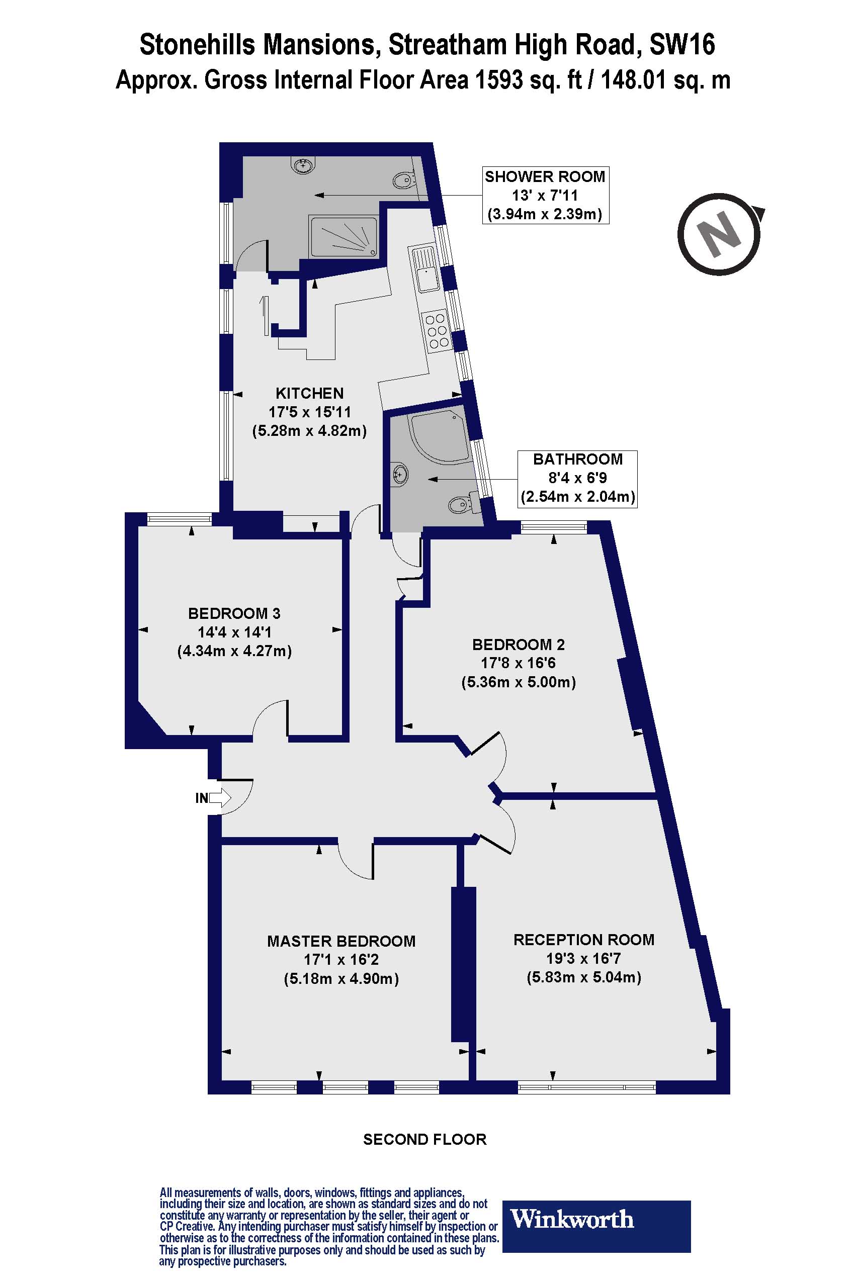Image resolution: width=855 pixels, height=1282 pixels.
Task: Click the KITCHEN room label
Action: [309, 393]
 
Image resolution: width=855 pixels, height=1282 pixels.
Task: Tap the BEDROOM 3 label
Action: [234, 613]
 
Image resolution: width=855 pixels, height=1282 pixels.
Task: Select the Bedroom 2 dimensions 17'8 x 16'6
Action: [518, 663]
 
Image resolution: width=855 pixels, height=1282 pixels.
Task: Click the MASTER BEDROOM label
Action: [341, 941]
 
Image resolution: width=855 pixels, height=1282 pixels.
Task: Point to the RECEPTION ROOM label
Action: [583, 939]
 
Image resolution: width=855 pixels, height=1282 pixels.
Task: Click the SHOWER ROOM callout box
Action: [545, 195]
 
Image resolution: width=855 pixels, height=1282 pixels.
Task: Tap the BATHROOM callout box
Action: [577, 478]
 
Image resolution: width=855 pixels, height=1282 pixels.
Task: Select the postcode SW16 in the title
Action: [681, 45]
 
